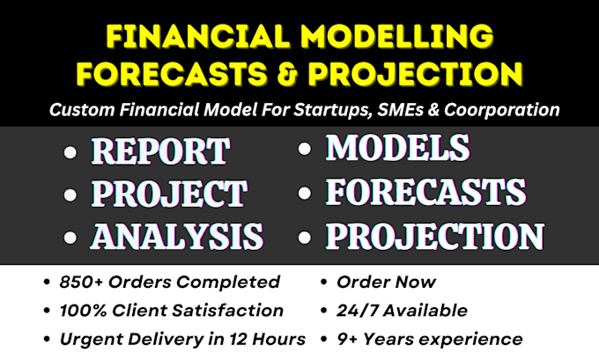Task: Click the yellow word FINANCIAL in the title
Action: pos(198,36)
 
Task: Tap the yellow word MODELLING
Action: pos(397,36)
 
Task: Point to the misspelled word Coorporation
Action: pos(501,109)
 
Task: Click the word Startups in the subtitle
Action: pos(332,110)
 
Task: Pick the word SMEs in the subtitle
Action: pos(400,109)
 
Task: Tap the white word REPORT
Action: pos(160,151)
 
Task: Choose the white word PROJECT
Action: pos(169,194)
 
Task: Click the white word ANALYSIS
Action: pos(177,236)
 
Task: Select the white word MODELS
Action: pos(397,148)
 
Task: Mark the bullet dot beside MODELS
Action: pos(305,149)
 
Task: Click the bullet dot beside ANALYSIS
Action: pos(70,237)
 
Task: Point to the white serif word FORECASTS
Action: pos(425,192)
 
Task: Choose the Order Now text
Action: pos(386,283)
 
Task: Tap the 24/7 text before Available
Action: pos(358,311)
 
